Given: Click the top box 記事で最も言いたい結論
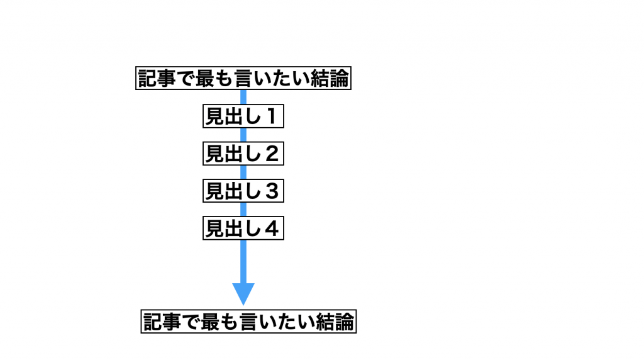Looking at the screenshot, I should [243, 79].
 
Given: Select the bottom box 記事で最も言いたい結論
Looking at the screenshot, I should [248, 322].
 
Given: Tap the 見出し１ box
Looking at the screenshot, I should [243, 116].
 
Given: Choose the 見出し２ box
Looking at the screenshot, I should [243, 154].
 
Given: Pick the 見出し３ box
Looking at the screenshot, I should [243, 191].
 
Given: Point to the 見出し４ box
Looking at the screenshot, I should [243, 228].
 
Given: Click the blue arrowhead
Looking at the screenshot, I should [243, 293].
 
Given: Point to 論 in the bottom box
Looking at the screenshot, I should [345, 322].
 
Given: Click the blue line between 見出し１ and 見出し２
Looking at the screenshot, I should [243, 135].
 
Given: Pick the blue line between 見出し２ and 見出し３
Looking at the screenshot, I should [243, 172].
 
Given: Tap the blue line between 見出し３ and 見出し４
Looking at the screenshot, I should [243, 209].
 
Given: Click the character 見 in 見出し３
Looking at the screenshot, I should [215, 191].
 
